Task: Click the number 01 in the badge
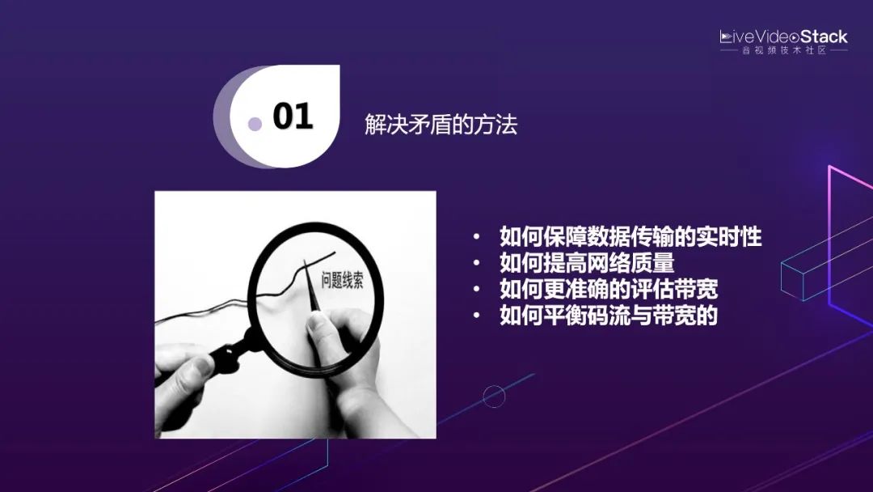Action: click(293, 117)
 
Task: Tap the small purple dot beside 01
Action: click(255, 124)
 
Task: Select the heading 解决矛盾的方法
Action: click(441, 125)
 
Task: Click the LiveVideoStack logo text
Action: click(783, 37)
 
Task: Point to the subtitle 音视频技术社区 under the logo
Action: click(784, 51)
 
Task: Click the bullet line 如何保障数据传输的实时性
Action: click(630, 238)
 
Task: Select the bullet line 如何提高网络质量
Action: click(587, 264)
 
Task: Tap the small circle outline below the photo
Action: click(494, 397)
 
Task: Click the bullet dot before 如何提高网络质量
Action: click(478, 264)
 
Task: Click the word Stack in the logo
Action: click(824, 37)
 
